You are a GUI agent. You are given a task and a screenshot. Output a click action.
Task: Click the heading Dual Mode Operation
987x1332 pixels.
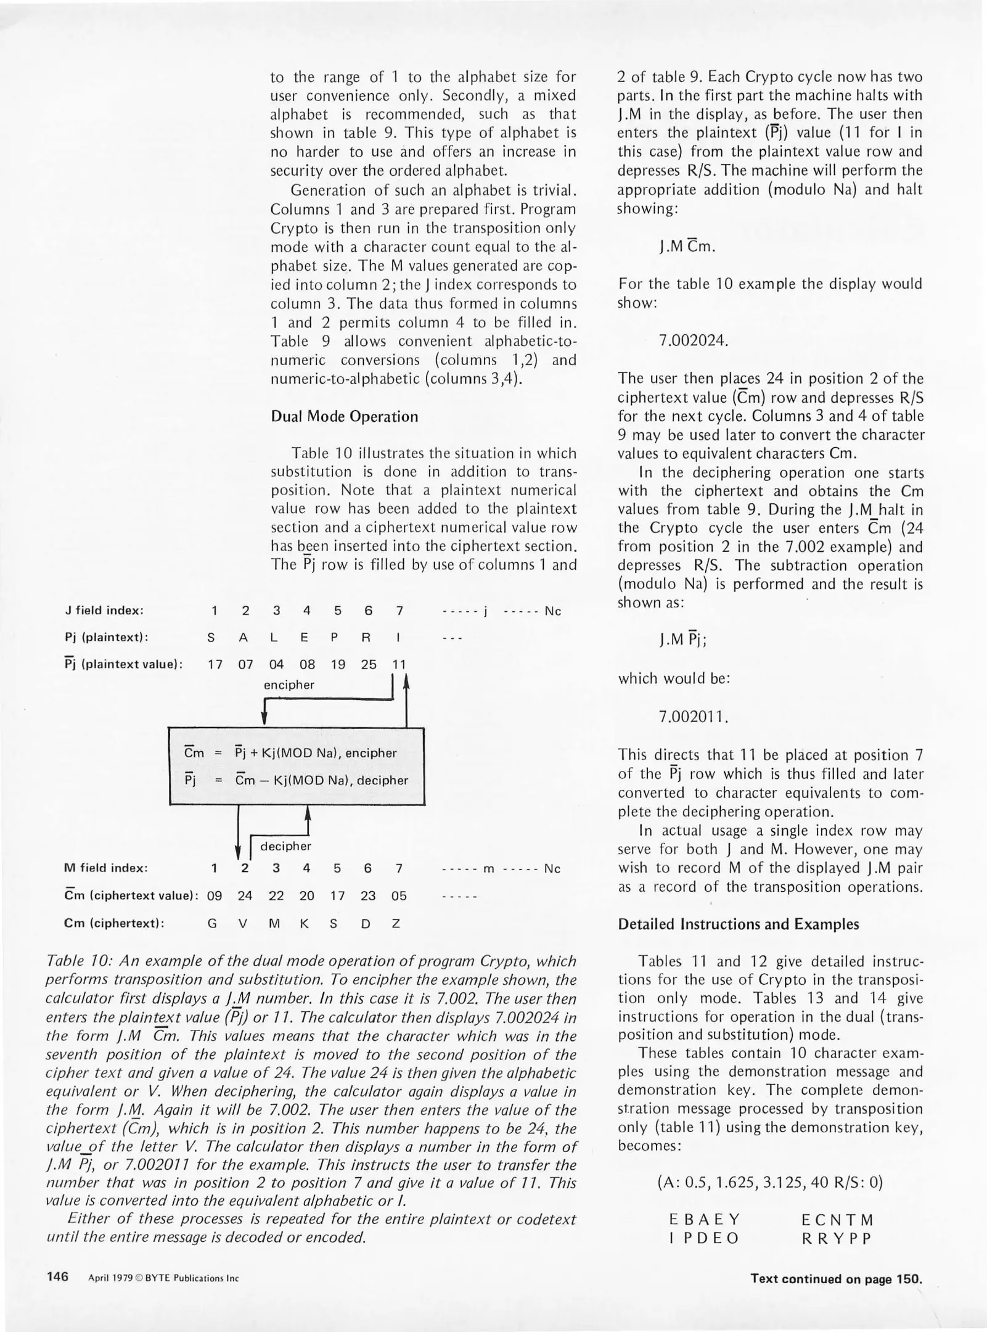[x=344, y=416]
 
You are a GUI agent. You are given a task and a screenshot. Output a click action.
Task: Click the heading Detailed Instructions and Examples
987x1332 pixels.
[x=738, y=924]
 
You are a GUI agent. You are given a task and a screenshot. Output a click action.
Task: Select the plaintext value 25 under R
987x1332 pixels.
[x=368, y=665]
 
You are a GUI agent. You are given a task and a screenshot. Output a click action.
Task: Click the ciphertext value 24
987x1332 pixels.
[x=245, y=895]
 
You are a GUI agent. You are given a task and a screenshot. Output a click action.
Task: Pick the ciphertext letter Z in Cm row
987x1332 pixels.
[x=396, y=924]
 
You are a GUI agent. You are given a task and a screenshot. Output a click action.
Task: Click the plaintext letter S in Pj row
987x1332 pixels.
[x=211, y=638]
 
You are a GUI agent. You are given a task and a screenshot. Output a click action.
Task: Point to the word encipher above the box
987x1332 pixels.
[x=289, y=684]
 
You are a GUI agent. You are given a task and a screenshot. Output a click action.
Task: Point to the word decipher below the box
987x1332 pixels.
[x=285, y=846]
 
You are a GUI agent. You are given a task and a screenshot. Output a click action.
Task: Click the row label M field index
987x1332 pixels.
[x=105, y=868]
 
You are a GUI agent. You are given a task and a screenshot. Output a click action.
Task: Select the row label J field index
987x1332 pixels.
[x=104, y=610]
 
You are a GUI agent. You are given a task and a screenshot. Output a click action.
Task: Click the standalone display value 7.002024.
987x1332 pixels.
[x=694, y=340]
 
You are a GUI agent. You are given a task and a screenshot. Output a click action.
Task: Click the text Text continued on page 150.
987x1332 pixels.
[x=836, y=1278]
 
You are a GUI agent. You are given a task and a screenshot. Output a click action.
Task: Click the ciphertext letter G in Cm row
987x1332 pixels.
[x=212, y=924]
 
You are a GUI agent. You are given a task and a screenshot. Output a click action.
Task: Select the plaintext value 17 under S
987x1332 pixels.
[x=214, y=665]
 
